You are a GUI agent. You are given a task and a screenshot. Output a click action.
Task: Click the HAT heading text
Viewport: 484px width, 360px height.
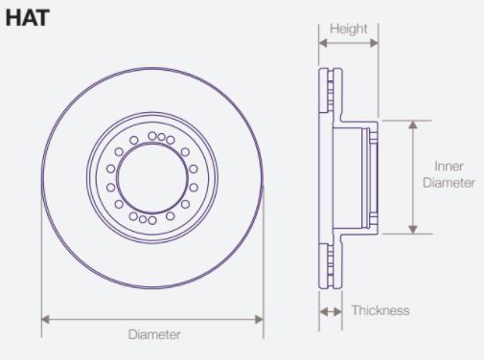(28, 18)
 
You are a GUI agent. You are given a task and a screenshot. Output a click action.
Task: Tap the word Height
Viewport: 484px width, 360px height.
(349, 29)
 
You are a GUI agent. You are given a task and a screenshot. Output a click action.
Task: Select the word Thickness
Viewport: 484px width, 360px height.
(380, 310)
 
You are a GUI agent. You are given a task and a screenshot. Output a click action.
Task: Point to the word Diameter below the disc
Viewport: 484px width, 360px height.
(154, 334)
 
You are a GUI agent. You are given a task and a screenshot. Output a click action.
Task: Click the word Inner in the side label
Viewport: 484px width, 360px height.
(449, 167)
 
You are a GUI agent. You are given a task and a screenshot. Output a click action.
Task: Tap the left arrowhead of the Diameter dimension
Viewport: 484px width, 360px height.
(45, 319)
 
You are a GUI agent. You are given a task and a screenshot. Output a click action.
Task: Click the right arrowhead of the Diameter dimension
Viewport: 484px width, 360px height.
(259, 319)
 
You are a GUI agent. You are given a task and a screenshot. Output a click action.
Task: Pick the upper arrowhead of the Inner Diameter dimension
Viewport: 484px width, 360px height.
(413, 124)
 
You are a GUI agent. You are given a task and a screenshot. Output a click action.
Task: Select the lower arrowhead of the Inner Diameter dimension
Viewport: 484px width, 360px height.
(413, 229)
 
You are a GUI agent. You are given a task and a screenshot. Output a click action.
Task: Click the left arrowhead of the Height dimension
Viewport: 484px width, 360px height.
(323, 43)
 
